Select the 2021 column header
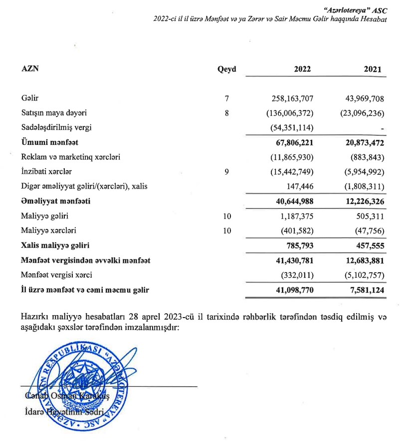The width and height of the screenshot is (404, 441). [x=373, y=69]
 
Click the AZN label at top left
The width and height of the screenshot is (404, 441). [x=29, y=69]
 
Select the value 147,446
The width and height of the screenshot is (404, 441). [x=299, y=186]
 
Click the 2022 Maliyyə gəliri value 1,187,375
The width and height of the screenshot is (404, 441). [x=294, y=216]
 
